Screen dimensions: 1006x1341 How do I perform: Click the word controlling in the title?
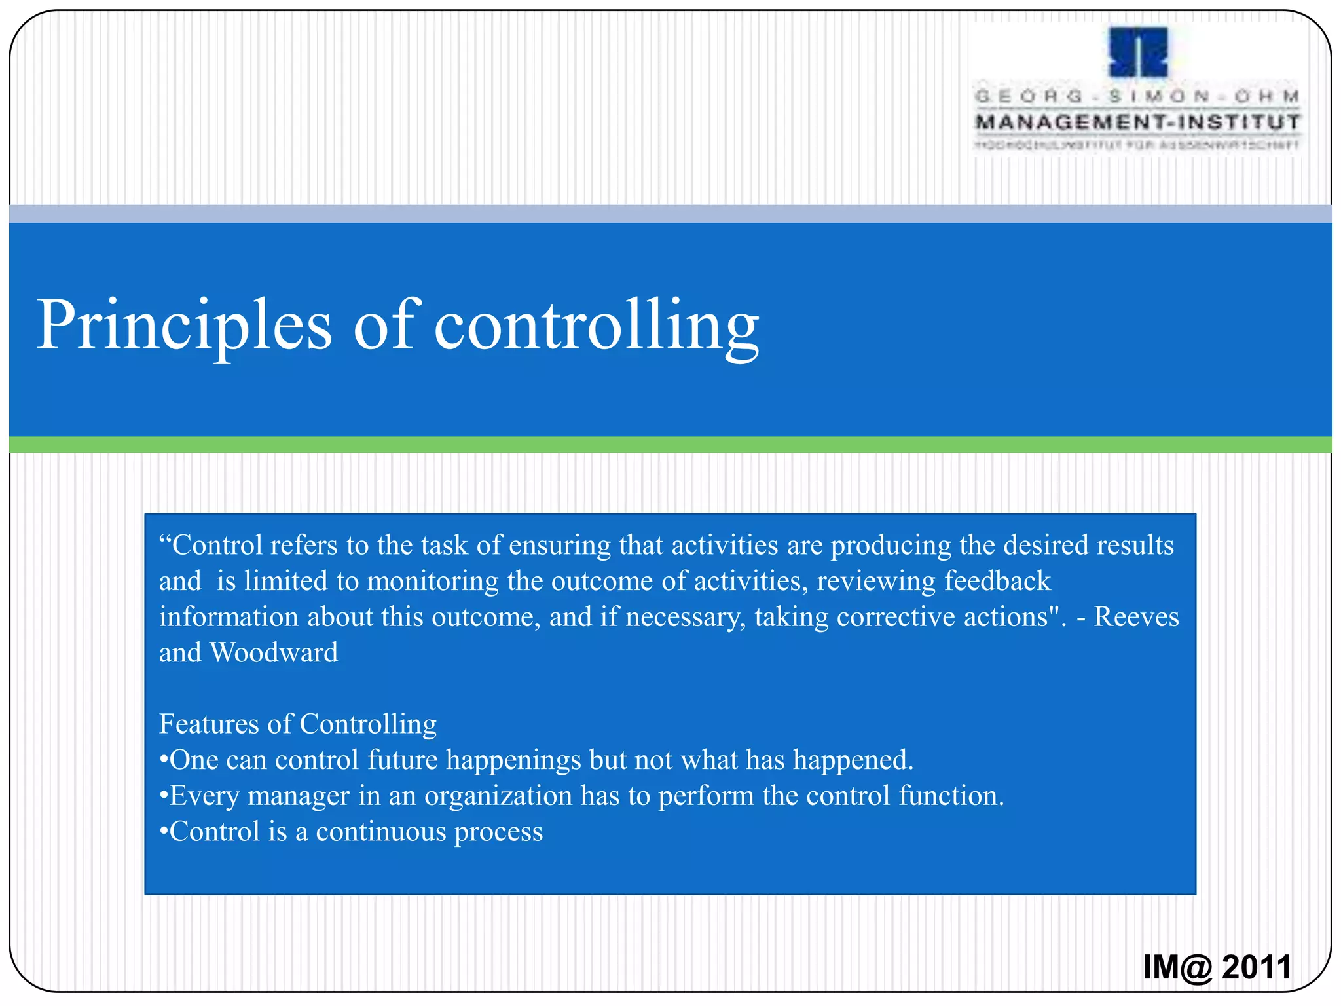[596, 326]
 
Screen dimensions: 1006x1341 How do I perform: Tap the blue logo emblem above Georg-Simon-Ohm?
[1138, 52]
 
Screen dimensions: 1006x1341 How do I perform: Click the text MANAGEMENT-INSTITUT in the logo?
[1138, 122]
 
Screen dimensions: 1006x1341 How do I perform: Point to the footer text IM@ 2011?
[1217, 967]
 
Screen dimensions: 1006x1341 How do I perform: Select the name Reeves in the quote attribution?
[1136, 617]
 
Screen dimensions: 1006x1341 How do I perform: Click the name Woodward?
[274, 653]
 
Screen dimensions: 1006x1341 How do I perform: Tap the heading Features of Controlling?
[298, 724]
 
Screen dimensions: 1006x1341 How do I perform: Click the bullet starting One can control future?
[537, 760]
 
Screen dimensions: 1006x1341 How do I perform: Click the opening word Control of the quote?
[216, 546]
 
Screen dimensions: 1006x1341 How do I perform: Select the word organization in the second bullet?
[498, 796]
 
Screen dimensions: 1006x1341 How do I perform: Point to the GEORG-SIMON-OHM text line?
[1138, 96]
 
